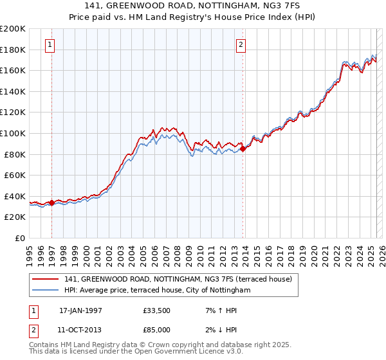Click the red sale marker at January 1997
click(x=51, y=203)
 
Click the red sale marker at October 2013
click(x=243, y=149)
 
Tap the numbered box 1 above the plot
click(x=50, y=45)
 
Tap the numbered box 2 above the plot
click(x=241, y=45)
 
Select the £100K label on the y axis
click(x=13, y=133)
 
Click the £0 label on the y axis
click(x=19, y=238)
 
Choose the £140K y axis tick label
click(x=13, y=91)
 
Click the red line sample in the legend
click(x=46, y=279)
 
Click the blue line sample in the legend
click(x=46, y=291)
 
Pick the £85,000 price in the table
click(x=157, y=329)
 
